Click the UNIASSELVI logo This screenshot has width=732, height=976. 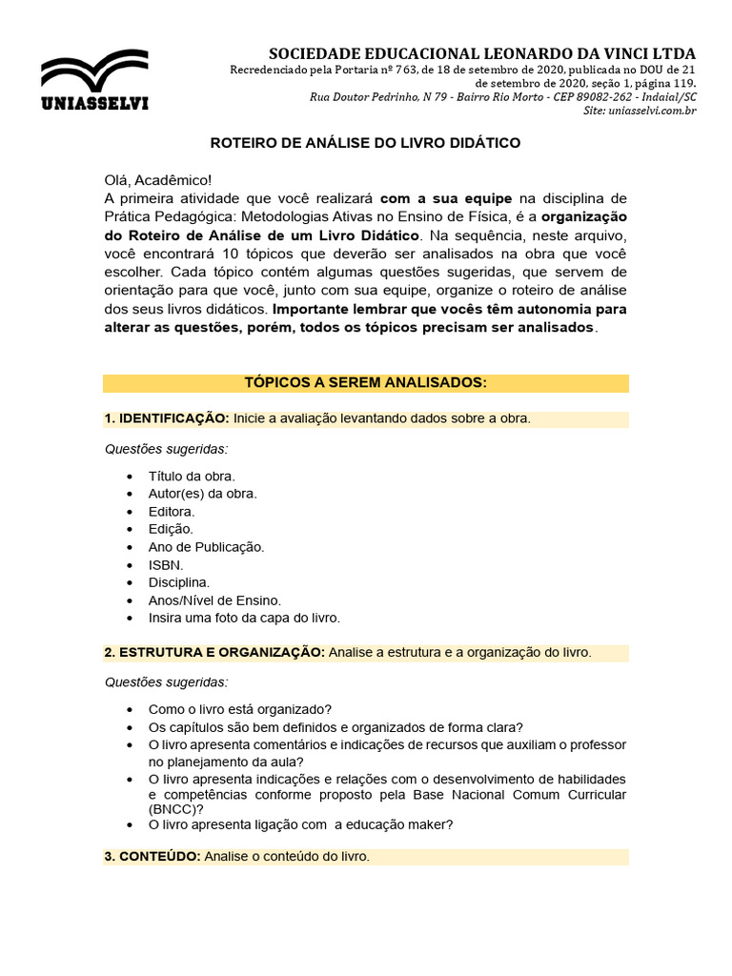pos(93,80)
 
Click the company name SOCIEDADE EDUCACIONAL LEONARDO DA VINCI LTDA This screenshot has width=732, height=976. pos(482,53)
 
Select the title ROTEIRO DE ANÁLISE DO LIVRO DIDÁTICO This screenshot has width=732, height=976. pos(365,143)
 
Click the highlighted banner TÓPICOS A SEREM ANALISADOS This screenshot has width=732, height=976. pos(365,383)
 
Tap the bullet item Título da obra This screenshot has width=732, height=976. pos(192,476)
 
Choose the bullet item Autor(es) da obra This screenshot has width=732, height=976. pos(202,494)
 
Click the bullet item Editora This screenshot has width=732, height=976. pos(172,512)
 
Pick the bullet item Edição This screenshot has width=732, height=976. pos(171,529)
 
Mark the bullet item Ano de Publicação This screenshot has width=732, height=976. pos(206,547)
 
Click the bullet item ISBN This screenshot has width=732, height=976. pos(166,564)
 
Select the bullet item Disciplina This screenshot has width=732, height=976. pos(179,582)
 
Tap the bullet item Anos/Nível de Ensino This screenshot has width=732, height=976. pos(214,600)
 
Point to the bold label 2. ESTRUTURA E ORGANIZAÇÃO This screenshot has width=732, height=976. pos(214,653)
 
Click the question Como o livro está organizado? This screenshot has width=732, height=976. pos(240,709)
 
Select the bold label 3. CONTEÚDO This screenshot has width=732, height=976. pos(152,857)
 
